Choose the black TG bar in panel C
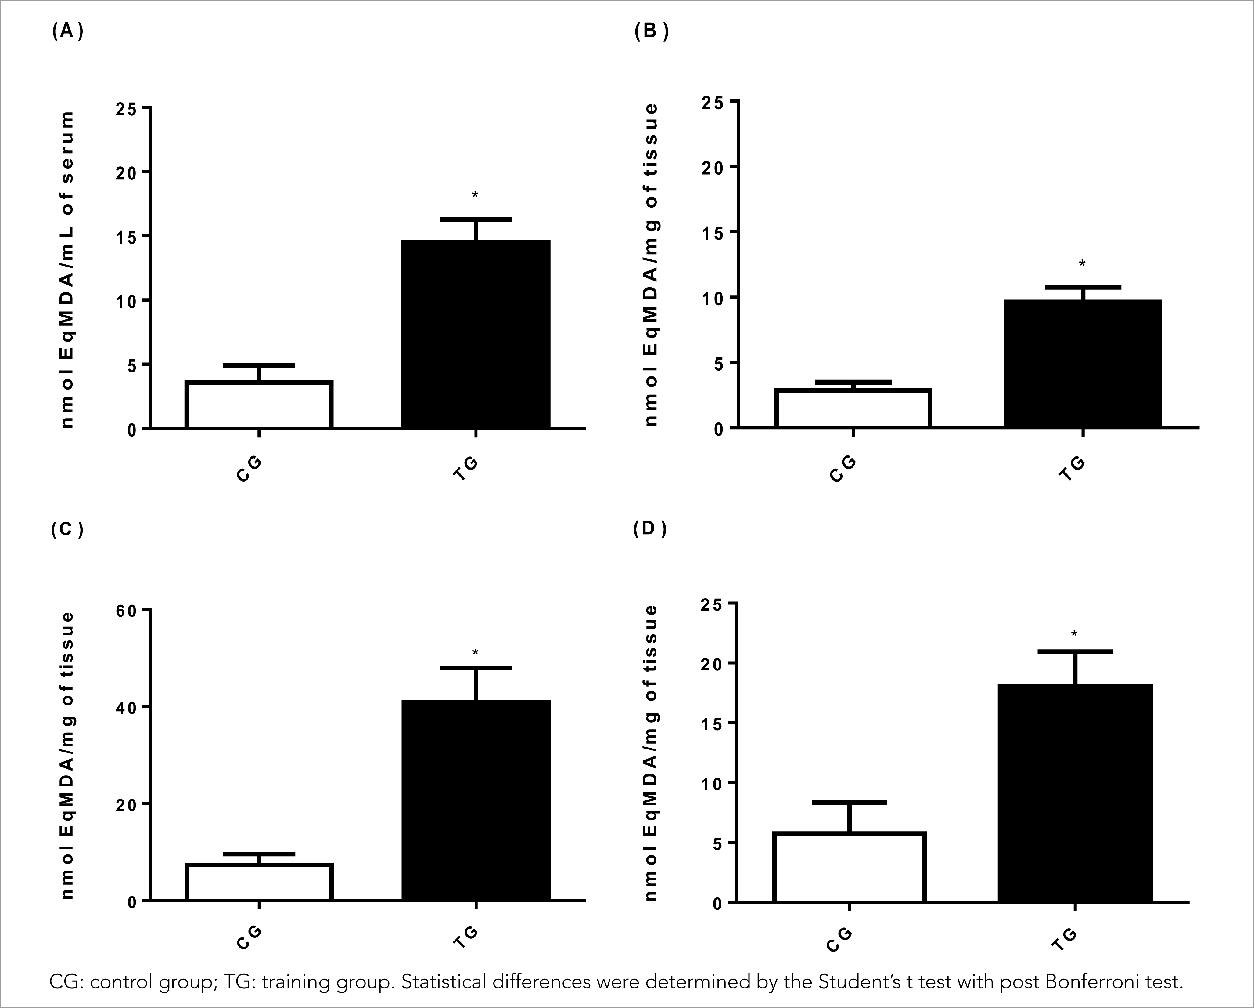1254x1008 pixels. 476,800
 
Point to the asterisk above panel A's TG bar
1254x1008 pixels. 475,195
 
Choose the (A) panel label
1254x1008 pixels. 67,31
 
